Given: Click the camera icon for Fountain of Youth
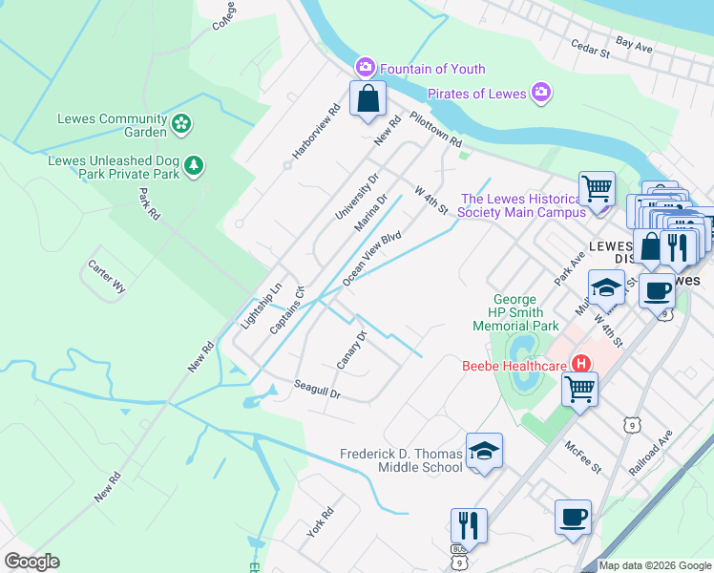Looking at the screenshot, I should (x=365, y=68).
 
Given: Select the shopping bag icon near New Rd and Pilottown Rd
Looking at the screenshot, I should (x=367, y=99).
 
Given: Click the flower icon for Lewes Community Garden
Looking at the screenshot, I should (x=181, y=123).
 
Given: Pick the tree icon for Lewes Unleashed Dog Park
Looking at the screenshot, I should (x=194, y=167).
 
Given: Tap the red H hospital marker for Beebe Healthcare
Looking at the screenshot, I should (x=579, y=364).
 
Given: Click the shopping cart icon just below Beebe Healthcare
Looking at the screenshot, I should (x=579, y=390).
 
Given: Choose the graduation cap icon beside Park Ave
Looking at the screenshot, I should (x=606, y=286).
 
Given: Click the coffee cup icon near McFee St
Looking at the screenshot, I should (x=573, y=518).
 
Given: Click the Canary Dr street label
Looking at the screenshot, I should (x=352, y=350).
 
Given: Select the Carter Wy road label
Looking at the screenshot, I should (x=106, y=279).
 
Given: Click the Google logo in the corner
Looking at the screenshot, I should (x=31, y=562).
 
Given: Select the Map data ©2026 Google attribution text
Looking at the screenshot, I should (x=654, y=565).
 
